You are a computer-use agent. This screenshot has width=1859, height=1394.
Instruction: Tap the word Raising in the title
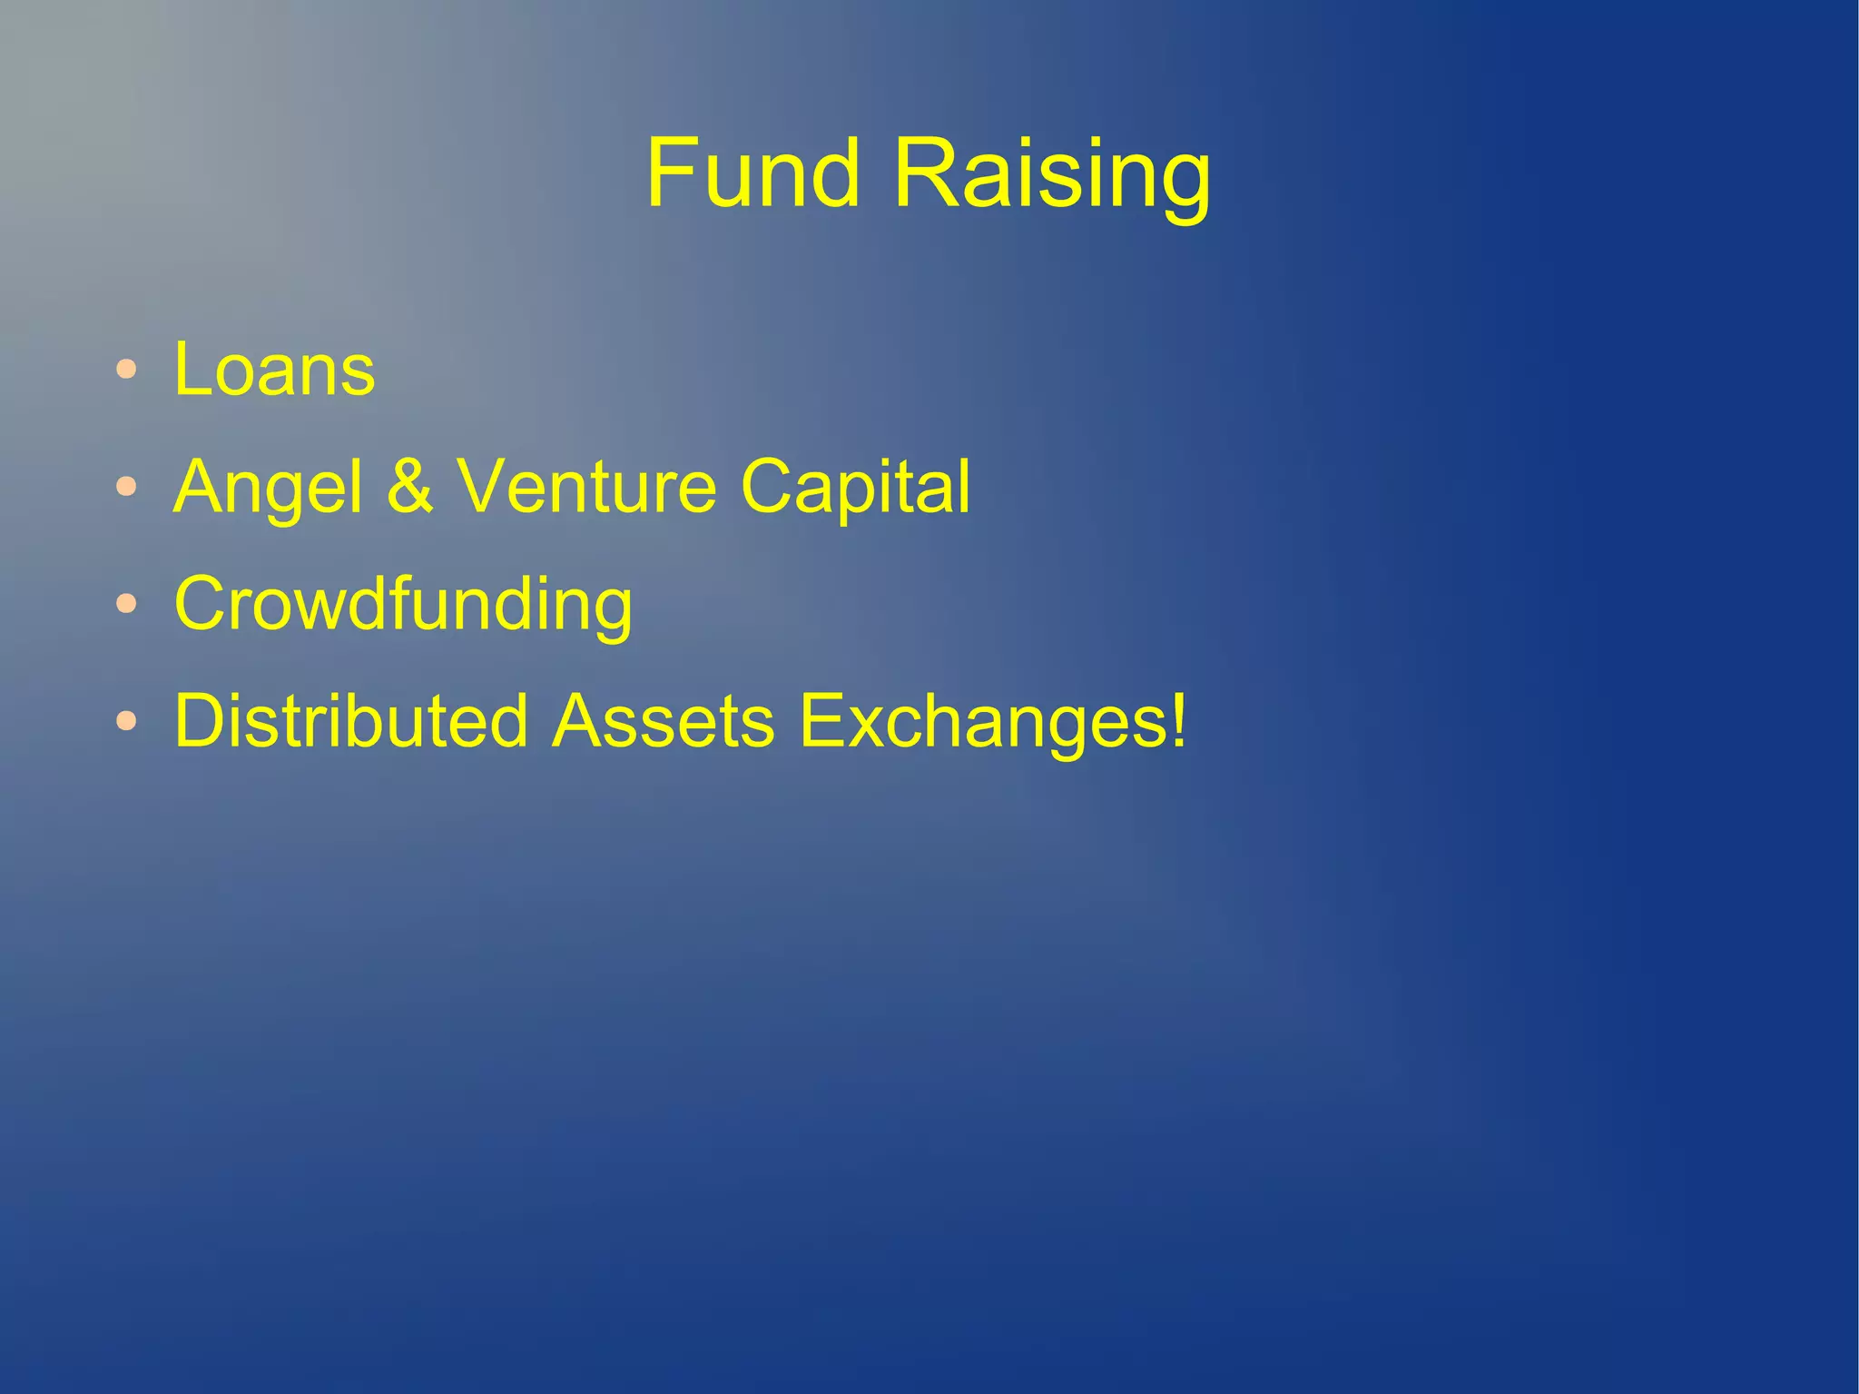coord(1052,177)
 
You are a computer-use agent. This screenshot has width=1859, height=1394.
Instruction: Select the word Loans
coord(274,370)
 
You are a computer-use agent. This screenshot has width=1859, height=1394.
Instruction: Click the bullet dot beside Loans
coord(126,370)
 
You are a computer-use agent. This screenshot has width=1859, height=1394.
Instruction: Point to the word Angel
coord(268,489)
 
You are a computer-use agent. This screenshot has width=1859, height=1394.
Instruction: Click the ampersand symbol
coord(410,487)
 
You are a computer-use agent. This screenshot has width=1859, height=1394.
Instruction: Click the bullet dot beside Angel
coord(126,487)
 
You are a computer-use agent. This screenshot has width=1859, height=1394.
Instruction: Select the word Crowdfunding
coord(403,606)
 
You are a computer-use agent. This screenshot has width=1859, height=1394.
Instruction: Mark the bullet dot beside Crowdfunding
coord(126,604)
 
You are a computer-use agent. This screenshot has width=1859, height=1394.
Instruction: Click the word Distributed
coord(351,721)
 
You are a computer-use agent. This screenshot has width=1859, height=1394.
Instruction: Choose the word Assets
coord(664,721)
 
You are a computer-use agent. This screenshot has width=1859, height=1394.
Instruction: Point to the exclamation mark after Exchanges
coord(1178,719)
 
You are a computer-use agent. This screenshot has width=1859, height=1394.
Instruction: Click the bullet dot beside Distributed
coord(126,721)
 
